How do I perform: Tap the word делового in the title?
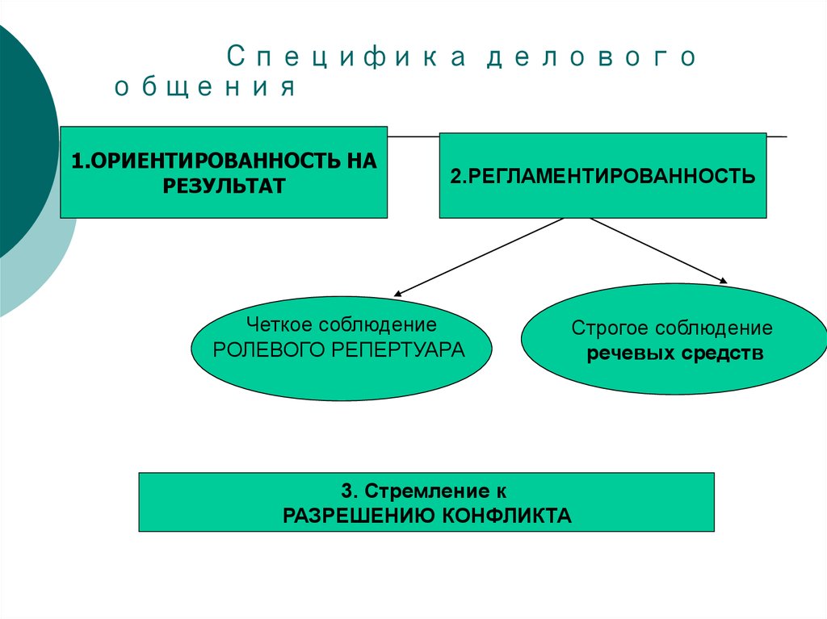591,57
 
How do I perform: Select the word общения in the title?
204,86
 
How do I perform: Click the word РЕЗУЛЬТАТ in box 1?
224,186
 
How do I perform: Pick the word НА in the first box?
362,161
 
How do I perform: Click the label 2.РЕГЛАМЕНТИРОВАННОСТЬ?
602,176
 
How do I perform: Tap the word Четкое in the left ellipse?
279,324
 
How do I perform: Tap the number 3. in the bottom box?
349,491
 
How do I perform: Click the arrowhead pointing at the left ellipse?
397,294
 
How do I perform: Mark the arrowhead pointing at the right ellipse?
724,281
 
